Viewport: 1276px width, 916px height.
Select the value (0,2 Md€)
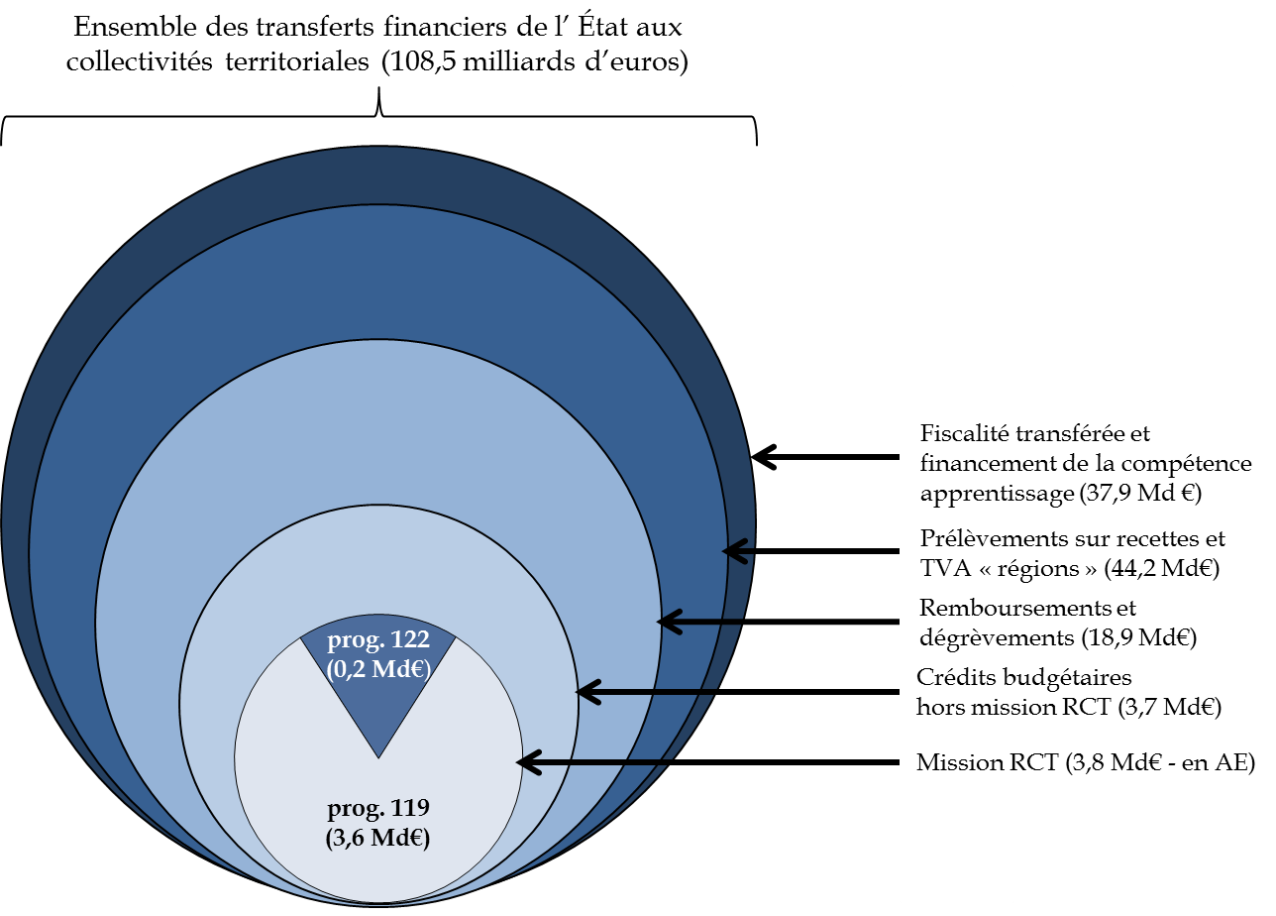pos(378,669)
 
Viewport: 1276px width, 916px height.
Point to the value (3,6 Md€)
pos(378,838)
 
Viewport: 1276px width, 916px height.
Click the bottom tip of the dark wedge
pos(378,757)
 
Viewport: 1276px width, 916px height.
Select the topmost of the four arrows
pos(739,550)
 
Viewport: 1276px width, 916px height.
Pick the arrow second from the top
pos(699,622)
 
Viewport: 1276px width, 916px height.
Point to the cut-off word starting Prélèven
pos(967,538)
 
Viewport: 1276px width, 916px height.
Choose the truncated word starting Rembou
pos(966,608)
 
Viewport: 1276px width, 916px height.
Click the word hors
pos(936,708)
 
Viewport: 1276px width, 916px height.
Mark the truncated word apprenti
pos(966,493)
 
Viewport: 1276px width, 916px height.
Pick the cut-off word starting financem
pos(966,462)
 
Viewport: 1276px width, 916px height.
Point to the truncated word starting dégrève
pos(966,637)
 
